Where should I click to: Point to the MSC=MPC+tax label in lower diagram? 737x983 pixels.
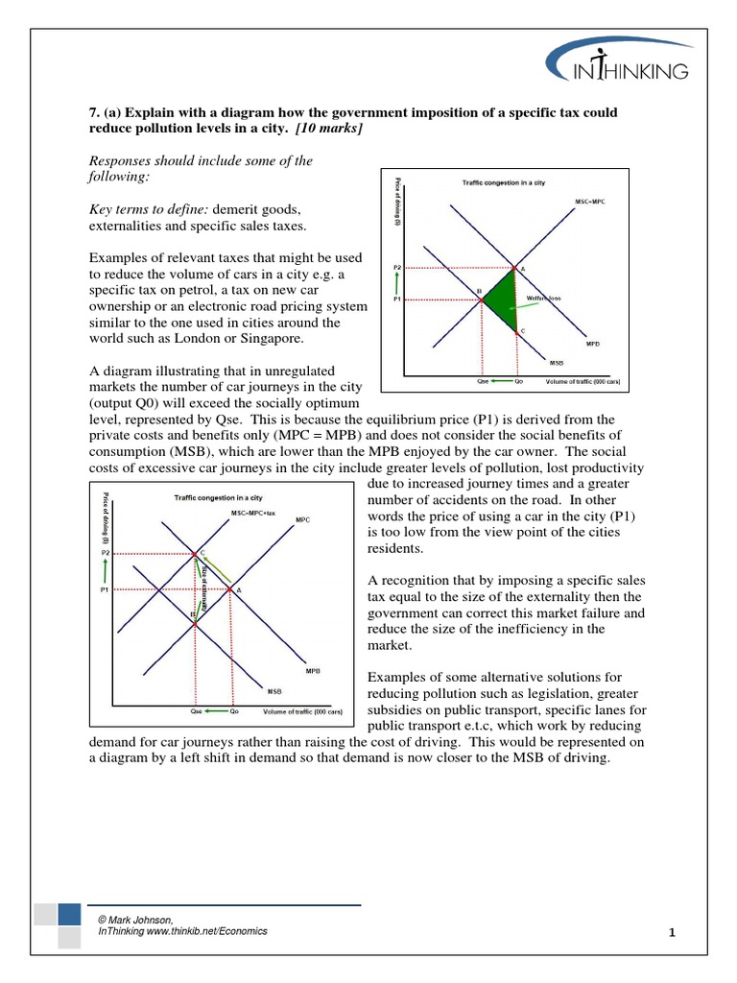pos(253,515)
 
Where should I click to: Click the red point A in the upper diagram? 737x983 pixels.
pos(517,268)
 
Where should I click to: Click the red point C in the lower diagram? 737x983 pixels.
pos(195,554)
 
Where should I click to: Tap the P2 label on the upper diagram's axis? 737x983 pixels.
pos(397,267)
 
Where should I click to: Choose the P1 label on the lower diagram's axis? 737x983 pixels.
pos(105,590)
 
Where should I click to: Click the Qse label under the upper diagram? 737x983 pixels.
pos(483,381)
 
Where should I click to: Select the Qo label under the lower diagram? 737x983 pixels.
pos(233,712)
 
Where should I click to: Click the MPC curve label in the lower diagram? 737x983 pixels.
pos(302,519)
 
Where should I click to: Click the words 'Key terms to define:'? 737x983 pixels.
pos(148,208)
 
